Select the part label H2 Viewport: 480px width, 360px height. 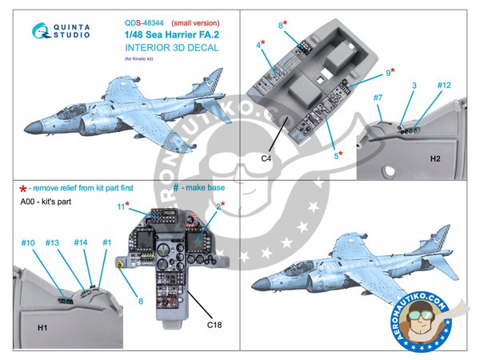434,158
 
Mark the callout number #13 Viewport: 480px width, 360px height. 53,242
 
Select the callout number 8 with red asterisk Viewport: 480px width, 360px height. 282,26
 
